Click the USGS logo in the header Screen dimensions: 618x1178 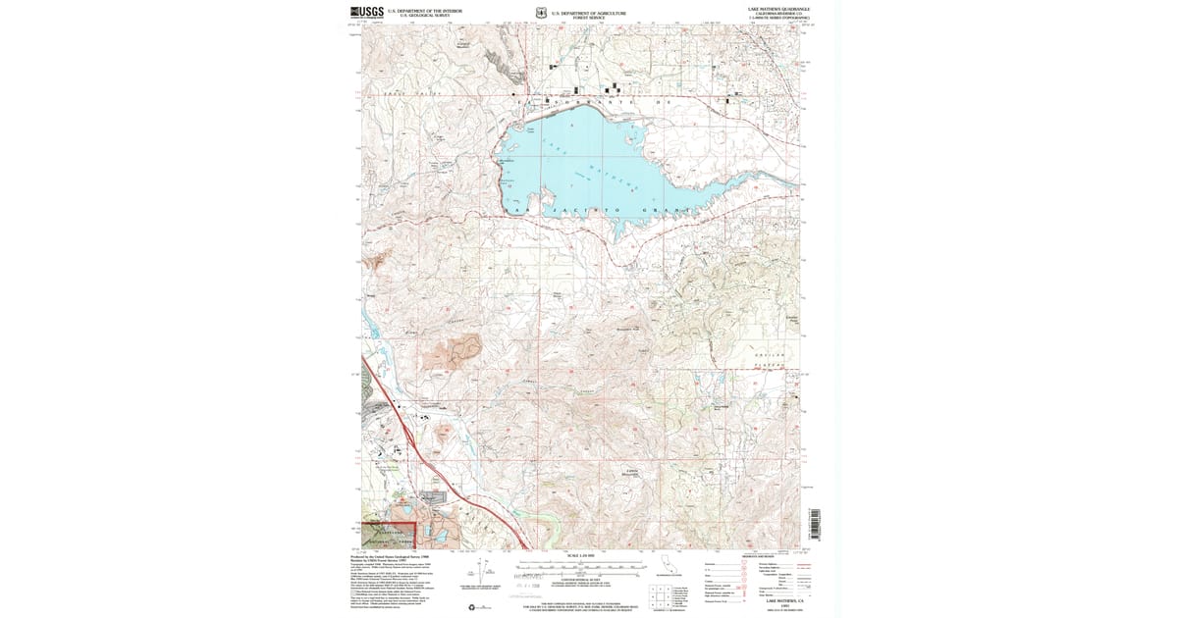(368, 13)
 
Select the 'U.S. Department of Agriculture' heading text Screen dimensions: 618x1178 (588, 12)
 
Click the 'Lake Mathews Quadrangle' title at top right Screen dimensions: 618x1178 (781, 8)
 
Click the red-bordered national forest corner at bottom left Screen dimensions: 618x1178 (390, 536)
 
